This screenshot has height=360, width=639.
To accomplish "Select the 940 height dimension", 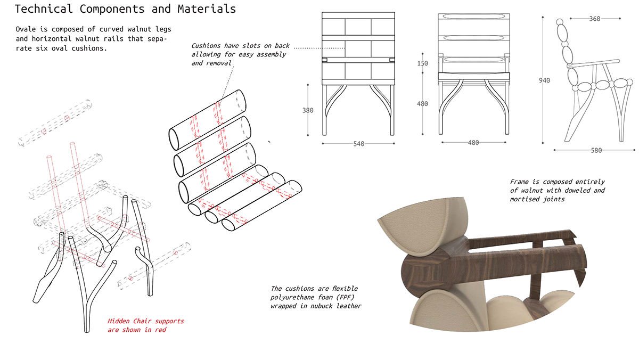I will pyautogui.click(x=544, y=80).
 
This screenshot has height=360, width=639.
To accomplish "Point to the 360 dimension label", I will pyautogui.click(x=594, y=19).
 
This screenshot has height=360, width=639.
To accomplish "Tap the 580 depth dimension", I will pyautogui.click(x=596, y=150).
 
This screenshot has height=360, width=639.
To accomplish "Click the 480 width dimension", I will pyautogui.click(x=473, y=143).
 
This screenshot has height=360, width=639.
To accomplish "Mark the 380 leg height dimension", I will pyautogui.click(x=308, y=111).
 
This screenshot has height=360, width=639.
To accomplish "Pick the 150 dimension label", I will pyautogui.click(x=422, y=63).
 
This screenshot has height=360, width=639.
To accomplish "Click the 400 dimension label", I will pyautogui.click(x=422, y=104).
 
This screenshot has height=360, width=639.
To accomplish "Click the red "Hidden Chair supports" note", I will pyautogui.click(x=146, y=325).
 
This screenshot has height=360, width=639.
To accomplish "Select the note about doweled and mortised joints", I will pyautogui.click(x=558, y=190).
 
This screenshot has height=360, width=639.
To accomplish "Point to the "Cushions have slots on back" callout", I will pyautogui.click(x=239, y=54).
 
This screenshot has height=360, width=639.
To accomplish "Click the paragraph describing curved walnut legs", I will pyautogui.click(x=94, y=38).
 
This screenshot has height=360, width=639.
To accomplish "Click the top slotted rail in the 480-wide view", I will pyautogui.click(x=472, y=18).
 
